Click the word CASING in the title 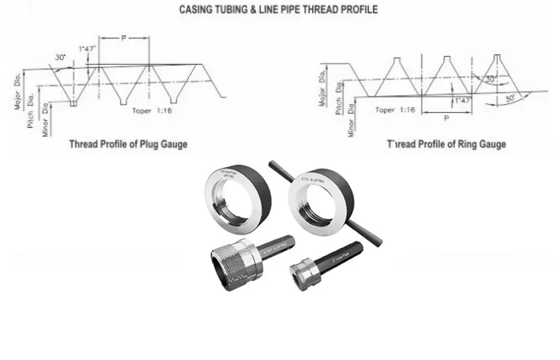[x=204, y=10]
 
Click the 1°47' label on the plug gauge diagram [x=87, y=50]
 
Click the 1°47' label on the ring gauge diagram [x=461, y=102]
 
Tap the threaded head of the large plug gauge [x=234, y=258]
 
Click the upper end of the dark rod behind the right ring [x=274, y=166]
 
